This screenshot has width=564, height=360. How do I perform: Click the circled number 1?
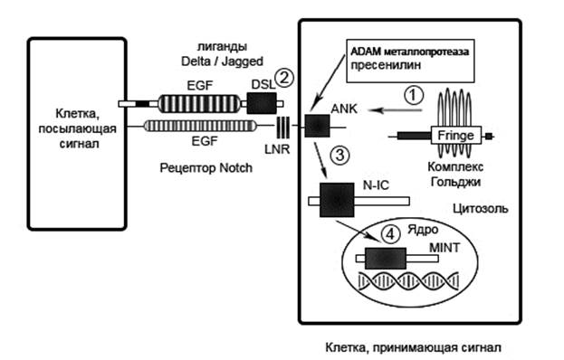click(x=414, y=95)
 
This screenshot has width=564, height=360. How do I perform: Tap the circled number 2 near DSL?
click(x=284, y=78)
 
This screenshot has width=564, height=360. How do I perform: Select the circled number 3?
click(x=339, y=155)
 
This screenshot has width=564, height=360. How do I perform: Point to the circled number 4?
click(x=390, y=234)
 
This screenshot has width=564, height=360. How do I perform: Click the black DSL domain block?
click(x=262, y=103)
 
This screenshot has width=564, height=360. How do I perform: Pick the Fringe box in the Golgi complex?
click(x=456, y=135)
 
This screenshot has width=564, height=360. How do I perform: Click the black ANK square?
click(x=317, y=126)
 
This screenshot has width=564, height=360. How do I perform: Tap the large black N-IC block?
click(x=337, y=200)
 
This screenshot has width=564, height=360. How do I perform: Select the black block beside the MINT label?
click(x=386, y=258)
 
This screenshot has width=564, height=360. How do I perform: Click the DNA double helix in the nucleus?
click(x=408, y=281)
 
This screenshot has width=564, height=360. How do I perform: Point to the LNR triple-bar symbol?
click(x=282, y=128)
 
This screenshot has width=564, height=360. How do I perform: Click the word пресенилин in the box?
click(x=386, y=65)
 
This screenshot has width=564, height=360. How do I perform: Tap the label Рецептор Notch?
click(x=206, y=167)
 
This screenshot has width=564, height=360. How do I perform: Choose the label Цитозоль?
click(x=480, y=208)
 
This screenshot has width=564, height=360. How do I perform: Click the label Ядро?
click(x=423, y=230)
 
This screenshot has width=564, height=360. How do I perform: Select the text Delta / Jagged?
click(x=222, y=62)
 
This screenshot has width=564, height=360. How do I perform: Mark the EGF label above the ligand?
click(x=200, y=86)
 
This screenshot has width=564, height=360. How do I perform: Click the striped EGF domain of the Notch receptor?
click(x=200, y=126)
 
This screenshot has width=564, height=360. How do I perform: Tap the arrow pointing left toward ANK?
click(x=396, y=110)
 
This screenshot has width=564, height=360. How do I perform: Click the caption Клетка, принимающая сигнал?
click(x=413, y=347)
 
